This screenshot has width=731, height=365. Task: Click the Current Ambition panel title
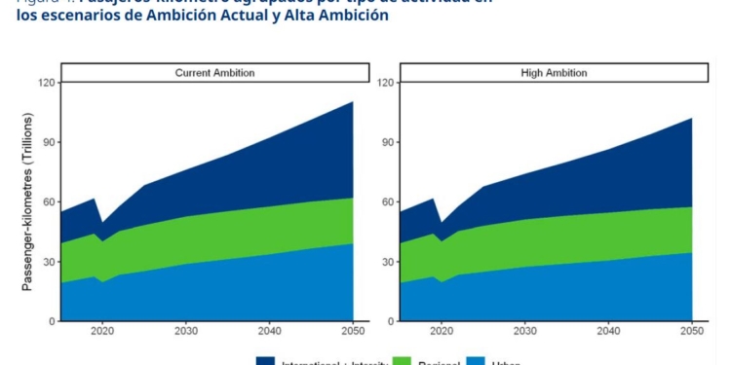point(213,73)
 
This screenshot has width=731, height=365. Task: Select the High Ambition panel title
point(553,73)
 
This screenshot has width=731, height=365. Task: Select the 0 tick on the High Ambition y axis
point(391,321)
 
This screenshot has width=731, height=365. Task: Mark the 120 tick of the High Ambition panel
point(385,83)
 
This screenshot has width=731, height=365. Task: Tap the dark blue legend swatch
point(265,361)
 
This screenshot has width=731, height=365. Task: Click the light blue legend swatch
point(477,361)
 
